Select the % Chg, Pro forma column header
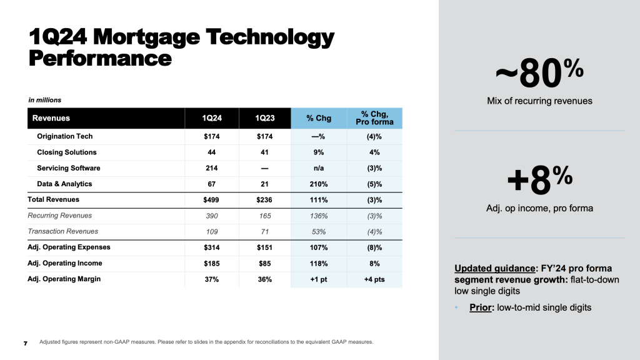coord(377,118)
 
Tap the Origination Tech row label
coord(65,136)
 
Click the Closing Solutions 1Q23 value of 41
coord(264,152)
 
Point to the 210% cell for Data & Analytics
coord(318,184)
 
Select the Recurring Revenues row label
coord(61,216)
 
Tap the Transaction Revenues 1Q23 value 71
coord(264,231)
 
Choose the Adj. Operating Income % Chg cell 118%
coord(318,263)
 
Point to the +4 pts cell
coord(374,279)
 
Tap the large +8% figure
coord(539,181)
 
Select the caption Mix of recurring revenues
coord(539,101)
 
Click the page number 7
coord(25,343)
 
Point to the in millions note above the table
coord(44,100)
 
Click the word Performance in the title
coord(100,58)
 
